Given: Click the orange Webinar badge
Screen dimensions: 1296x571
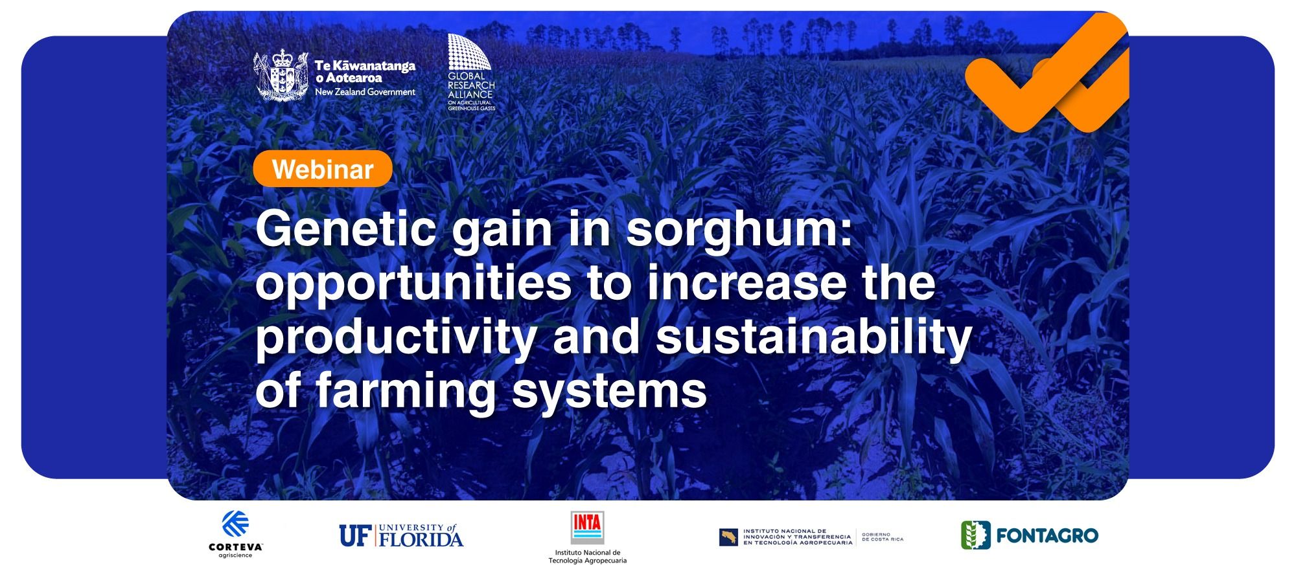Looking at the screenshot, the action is pos(323,169).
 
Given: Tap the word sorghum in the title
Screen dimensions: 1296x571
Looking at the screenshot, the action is pos(739,232).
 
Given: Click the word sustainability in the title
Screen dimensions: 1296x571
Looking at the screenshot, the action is pos(813,337).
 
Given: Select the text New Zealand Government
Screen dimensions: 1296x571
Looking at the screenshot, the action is pos(365,92).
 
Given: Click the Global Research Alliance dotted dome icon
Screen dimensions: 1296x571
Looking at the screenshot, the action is pos(469,52).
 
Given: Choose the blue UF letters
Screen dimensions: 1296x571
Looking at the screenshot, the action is pos(353,535).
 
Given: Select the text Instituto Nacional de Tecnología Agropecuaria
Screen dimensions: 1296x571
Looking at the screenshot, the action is pos(587,557).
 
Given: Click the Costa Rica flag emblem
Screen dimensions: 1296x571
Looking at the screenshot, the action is pos(728,537).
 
